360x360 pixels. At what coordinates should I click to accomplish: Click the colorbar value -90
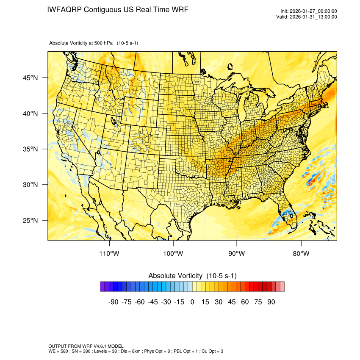coord(113,302)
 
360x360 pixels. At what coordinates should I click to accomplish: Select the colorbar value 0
coord(192,302)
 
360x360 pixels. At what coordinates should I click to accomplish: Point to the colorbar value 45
coord(232,302)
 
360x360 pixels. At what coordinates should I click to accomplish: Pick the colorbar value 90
coord(271,302)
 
